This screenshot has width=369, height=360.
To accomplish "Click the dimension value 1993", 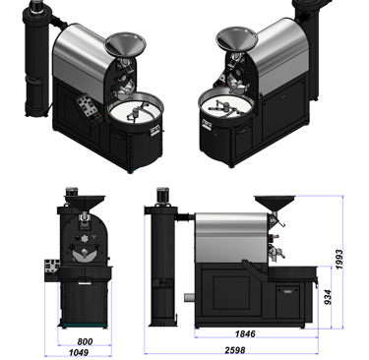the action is tap(338, 260).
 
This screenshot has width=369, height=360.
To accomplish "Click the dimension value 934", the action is tap(328, 297).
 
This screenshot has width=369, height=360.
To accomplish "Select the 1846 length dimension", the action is tap(245, 333).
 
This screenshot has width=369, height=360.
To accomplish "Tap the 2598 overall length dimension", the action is tap(235, 350).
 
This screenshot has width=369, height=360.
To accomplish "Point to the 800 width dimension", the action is tap(85, 341).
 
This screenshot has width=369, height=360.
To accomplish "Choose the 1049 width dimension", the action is tap(79, 352).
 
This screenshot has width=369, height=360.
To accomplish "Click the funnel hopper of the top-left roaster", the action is tap(125, 44).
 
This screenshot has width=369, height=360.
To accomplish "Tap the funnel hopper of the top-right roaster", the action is tap(237, 39).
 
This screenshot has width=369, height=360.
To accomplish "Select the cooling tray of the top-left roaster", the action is tap(136, 108).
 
